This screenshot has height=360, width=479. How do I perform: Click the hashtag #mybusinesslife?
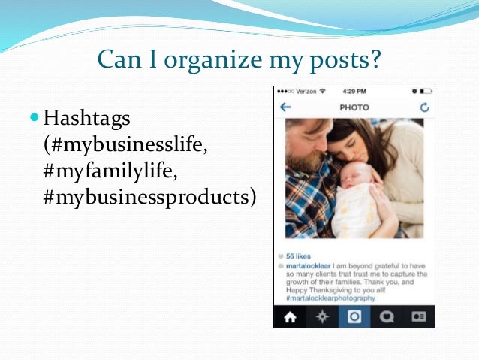(x=125, y=145)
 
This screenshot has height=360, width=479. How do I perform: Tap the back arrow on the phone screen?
(x=285, y=107)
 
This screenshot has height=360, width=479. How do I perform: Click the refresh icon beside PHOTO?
(x=425, y=107)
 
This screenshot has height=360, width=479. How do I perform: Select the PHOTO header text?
(x=354, y=107)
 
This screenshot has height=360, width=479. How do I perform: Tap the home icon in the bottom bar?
(x=290, y=317)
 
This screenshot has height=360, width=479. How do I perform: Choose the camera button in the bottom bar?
(x=354, y=317)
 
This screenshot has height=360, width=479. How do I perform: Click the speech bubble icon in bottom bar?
(x=387, y=317)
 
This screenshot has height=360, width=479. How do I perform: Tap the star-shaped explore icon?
(x=322, y=317)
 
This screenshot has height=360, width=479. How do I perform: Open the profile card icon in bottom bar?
(x=419, y=317)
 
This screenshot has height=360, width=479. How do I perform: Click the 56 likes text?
(x=299, y=256)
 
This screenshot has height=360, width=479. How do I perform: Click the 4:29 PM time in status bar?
(x=354, y=92)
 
